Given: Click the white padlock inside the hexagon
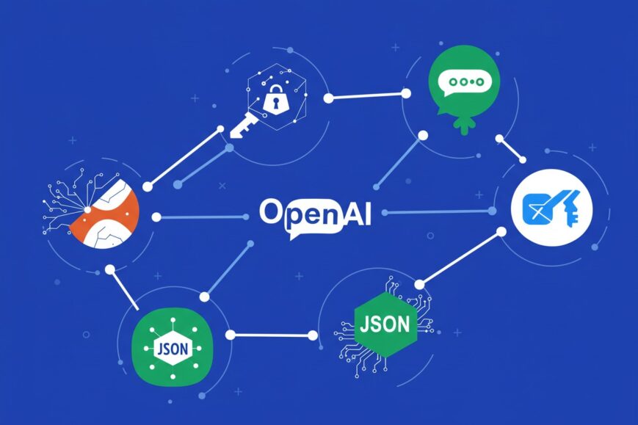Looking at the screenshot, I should click(x=275, y=99).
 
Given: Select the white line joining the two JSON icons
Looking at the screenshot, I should click(x=271, y=335).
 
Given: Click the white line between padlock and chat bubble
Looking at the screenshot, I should click(x=367, y=95).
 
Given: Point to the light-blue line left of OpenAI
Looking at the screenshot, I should click(x=201, y=217).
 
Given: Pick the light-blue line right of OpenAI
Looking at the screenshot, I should click(x=438, y=212).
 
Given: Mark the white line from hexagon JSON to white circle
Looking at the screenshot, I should click(x=461, y=258).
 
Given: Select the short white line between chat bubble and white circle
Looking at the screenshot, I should click(x=511, y=149).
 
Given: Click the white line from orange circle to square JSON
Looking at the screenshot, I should click(x=123, y=288).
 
